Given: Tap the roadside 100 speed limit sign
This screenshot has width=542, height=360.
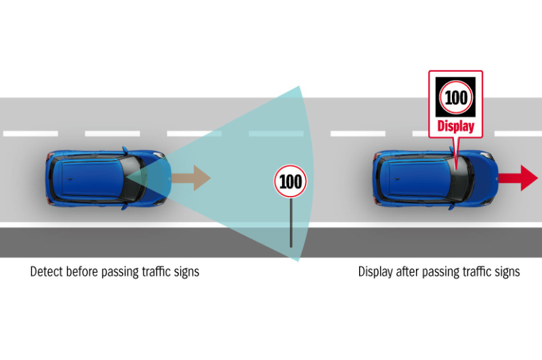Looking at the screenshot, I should click(x=291, y=182).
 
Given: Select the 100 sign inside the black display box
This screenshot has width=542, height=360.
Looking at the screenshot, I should click(x=456, y=98).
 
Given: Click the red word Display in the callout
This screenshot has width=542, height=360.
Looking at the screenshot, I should click(x=455, y=126).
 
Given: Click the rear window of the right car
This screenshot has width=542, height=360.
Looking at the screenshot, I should click(x=381, y=178).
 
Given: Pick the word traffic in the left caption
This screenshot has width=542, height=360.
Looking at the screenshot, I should click(x=160, y=272).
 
